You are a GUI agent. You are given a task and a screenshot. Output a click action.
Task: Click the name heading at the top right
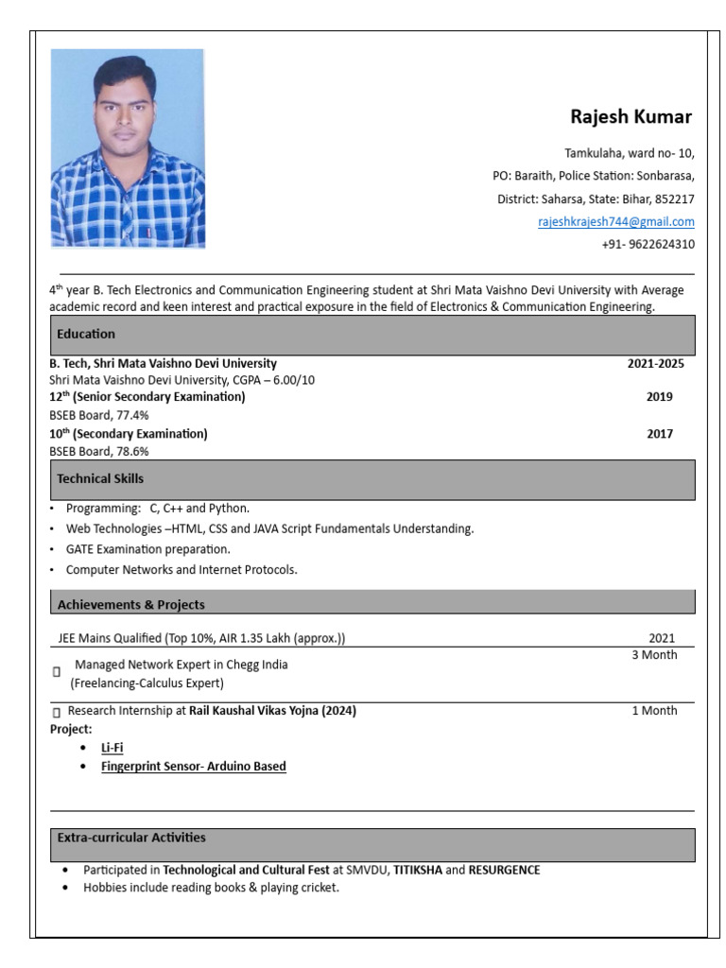click(x=631, y=117)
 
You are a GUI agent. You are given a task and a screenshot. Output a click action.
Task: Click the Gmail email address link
click(x=615, y=222)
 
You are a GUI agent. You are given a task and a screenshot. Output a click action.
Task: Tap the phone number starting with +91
click(x=648, y=244)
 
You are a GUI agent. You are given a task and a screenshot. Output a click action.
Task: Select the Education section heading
click(x=86, y=334)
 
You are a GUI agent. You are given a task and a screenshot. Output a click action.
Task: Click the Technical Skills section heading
click(x=100, y=479)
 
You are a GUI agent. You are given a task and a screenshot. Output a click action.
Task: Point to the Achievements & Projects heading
click(x=130, y=605)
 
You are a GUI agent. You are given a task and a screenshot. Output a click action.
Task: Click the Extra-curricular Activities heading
click(x=131, y=838)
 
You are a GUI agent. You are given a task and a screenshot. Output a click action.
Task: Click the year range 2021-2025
click(x=655, y=363)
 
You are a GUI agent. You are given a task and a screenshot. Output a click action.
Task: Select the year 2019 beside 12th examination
click(x=659, y=397)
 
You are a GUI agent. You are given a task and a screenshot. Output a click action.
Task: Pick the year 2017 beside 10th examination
click(x=660, y=434)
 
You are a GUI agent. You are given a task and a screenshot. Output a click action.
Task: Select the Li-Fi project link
click(x=112, y=748)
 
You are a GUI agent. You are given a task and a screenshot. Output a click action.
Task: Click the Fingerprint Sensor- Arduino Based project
click(x=193, y=767)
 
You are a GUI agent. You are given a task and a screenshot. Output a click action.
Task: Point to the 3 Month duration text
click(x=654, y=655)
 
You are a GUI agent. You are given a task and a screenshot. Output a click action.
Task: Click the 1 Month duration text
click(x=654, y=711)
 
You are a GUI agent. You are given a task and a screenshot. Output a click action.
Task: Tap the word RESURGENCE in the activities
click(x=504, y=870)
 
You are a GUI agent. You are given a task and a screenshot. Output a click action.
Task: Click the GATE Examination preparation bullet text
click(x=147, y=549)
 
